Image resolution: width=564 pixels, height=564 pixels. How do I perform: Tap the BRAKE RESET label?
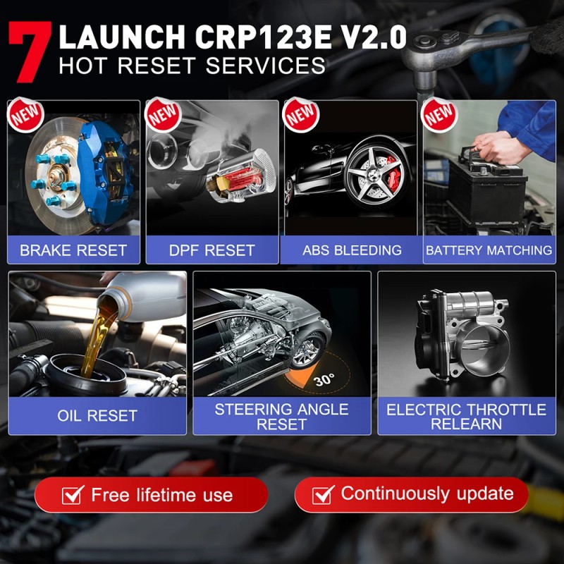coord(73,250)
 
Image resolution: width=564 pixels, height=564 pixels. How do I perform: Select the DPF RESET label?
coord(211,250)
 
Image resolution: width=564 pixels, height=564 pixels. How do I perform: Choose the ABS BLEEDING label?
coord(352,250)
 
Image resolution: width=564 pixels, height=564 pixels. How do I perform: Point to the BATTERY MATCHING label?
coord(489,250)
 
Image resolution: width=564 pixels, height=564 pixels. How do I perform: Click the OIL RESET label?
coord(97,416)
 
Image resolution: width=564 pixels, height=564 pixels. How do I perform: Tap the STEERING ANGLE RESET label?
coord(282,417)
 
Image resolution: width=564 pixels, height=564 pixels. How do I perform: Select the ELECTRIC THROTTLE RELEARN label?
coord(467,417)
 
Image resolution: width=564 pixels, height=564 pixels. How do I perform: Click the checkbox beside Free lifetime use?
coord(73,495)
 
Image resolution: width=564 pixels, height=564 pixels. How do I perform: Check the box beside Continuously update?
coord(323,494)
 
